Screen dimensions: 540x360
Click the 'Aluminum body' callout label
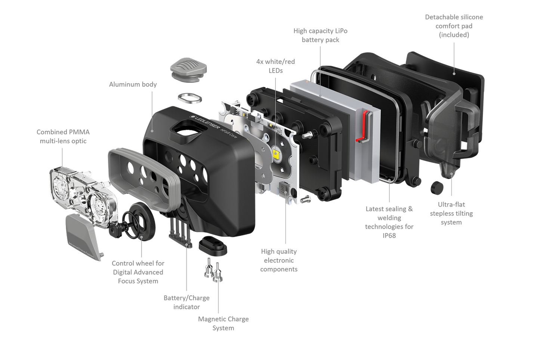click(x=133, y=84)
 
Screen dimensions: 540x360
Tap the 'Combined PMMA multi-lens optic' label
click(x=63, y=136)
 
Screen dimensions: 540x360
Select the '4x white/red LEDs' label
click(x=275, y=66)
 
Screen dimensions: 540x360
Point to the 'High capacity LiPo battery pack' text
click(x=320, y=35)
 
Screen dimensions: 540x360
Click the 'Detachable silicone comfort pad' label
click(x=454, y=26)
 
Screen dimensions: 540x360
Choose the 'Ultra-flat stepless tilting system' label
click(x=451, y=213)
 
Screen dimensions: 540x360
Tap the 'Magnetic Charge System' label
click(x=223, y=323)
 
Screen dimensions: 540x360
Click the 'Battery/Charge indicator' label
click(x=186, y=302)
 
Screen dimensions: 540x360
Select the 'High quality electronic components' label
click(x=279, y=260)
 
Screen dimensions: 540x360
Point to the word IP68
click(x=389, y=235)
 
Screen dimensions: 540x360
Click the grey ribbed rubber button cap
click(x=188, y=69)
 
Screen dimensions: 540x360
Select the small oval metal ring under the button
click(x=190, y=98)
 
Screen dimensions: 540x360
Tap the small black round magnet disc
click(x=437, y=188)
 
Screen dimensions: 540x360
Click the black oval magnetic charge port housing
click(x=213, y=246)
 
